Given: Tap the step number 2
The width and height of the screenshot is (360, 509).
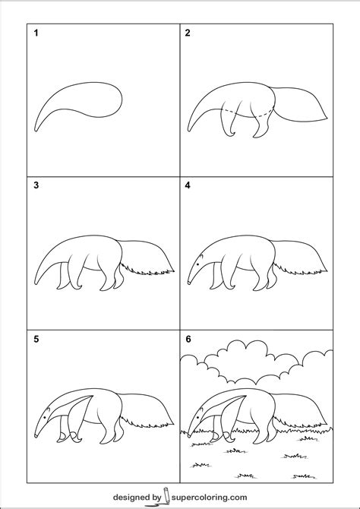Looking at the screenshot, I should coord(188,33).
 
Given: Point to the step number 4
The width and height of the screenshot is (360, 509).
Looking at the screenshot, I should coord(188,185).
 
